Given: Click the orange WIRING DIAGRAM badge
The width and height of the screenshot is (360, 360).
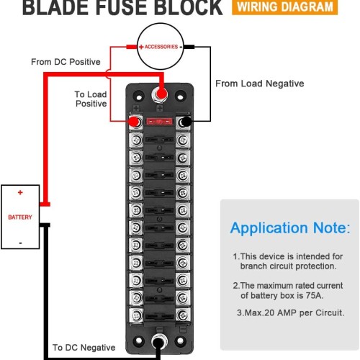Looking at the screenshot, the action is coord(284,7).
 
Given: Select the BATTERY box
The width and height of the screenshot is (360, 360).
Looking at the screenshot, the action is coord(20,217).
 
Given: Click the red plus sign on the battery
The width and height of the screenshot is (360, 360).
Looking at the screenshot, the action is coord(20,192).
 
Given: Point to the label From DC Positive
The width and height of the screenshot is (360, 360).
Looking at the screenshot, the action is coord(66,62).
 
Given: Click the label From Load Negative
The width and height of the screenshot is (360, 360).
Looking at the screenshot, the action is coord(260,84).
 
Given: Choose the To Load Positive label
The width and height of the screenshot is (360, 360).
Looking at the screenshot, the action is coord(91,99).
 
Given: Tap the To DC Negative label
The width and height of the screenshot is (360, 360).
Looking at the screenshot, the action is coord(84,347).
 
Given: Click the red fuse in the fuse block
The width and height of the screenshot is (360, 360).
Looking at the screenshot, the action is coord(159,122).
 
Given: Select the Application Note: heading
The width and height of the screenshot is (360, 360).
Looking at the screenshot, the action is coord(290,228).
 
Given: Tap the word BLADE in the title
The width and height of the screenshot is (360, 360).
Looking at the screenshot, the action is coord(56,7).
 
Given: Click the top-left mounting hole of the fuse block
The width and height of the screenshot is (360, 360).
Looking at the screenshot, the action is coord(139,97).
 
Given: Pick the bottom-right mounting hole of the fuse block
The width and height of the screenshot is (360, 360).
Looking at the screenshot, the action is coord(180,341).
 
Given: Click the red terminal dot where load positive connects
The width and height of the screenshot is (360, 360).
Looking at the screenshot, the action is coord(134,122).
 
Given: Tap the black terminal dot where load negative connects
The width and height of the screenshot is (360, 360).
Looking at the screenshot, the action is coord(186,122).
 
